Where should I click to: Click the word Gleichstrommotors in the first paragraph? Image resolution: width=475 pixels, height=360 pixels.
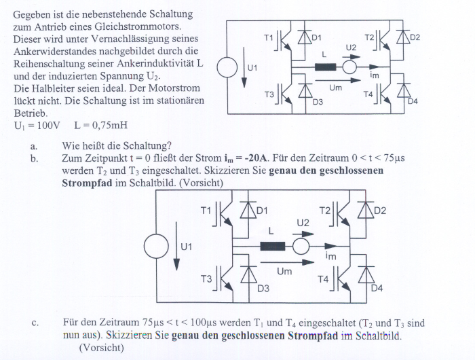pyautogui.click(x=138, y=26)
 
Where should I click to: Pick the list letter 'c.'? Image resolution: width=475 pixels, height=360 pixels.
pyautogui.click(x=35, y=323)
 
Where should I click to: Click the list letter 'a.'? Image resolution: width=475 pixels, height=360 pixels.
pyautogui.click(x=34, y=147)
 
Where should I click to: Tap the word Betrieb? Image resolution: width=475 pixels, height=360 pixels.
pyautogui.click(x=31, y=113)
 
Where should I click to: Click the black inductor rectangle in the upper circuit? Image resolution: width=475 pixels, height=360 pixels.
pyautogui.click(x=325, y=67)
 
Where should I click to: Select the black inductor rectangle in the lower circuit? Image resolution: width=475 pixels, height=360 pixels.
pyautogui.click(x=273, y=246)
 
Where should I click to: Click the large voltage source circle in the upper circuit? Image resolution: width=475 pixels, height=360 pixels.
pyautogui.click(x=227, y=67)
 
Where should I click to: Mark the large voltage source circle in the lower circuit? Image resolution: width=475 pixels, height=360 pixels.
pyautogui.click(x=156, y=246)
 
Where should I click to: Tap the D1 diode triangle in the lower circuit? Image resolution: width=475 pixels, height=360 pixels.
pyautogui.click(x=248, y=210)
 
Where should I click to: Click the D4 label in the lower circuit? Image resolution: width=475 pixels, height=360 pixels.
pyautogui.click(x=377, y=288)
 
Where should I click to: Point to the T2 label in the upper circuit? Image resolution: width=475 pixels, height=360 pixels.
pyautogui.click(x=369, y=37)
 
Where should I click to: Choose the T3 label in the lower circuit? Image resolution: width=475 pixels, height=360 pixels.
pyautogui.click(x=206, y=278)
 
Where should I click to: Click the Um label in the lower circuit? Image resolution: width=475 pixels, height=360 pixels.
pyautogui.click(x=284, y=272)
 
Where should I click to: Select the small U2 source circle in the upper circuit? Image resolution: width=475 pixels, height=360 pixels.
pyautogui.click(x=349, y=67)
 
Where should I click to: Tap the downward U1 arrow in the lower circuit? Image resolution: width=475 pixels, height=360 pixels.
pyautogui.click(x=176, y=246)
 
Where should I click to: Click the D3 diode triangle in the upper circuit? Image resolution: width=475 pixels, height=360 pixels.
pyautogui.click(x=305, y=90)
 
